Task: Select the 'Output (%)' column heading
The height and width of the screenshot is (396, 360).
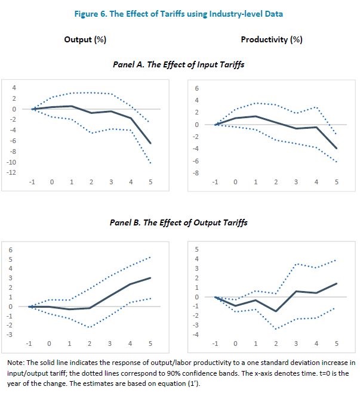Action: [x=85, y=40]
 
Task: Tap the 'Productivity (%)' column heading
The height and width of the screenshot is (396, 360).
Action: [x=272, y=40]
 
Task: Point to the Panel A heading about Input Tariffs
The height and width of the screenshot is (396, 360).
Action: [x=179, y=63]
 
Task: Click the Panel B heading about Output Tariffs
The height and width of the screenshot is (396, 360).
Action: [x=179, y=222]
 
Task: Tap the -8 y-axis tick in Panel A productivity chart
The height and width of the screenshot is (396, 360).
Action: [x=196, y=174]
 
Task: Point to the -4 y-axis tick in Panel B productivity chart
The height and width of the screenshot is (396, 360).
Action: [x=196, y=334]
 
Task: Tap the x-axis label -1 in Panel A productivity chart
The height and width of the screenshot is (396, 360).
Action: [x=215, y=181]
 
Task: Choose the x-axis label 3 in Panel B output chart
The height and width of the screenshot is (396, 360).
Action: [x=110, y=344]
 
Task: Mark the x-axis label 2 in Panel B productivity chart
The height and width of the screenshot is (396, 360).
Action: [x=276, y=344]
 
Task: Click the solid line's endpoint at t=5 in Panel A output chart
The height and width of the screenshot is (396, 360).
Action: [x=150, y=144]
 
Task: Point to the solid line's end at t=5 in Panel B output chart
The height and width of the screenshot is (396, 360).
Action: [x=150, y=278]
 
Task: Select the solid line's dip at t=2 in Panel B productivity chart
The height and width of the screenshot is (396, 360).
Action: [x=276, y=311]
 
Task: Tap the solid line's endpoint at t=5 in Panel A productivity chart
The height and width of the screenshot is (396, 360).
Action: [x=337, y=148]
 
